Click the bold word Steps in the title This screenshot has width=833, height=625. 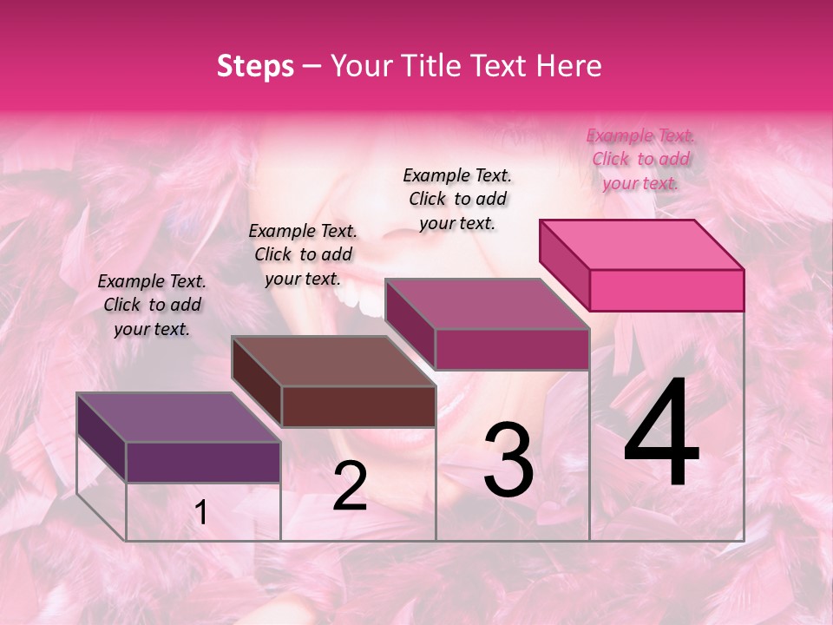pyautogui.click(x=255, y=66)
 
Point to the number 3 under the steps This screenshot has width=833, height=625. pyautogui.click(x=508, y=460)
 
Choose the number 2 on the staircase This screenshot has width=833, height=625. pyautogui.click(x=350, y=486)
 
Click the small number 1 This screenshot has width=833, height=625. pyautogui.click(x=201, y=513)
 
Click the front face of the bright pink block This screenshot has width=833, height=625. pyautogui.click(x=666, y=290)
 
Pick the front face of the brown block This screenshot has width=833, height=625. pyautogui.click(x=358, y=406)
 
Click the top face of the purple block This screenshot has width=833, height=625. pyautogui.click(x=179, y=418)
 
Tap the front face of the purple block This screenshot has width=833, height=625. pyautogui.click(x=203, y=462)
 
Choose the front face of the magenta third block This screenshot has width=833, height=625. pyautogui.click(x=512, y=349)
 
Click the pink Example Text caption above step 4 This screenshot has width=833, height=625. pyautogui.click(x=641, y=159)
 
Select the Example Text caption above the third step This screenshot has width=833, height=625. pyautogui.click(x=457, y=199)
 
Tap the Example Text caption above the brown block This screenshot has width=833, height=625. pyautogui.click(x=303, y=254)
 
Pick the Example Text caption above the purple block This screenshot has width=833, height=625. pyautogui.click(x=152, y=305)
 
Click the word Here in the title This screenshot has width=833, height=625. pyautogui.click(x=568, y=66)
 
